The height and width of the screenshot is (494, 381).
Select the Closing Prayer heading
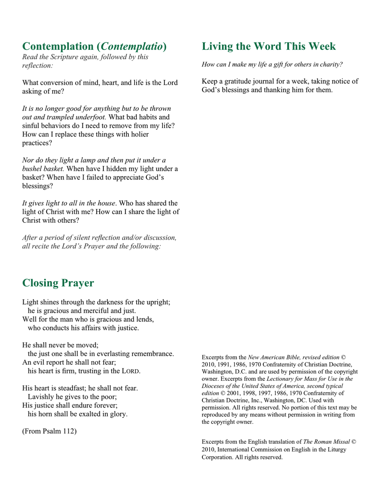(x=58, y=283)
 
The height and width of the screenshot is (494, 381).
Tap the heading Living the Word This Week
(x=269, y=47)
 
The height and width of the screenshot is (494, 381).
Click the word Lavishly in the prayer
(x=40, y=396)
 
